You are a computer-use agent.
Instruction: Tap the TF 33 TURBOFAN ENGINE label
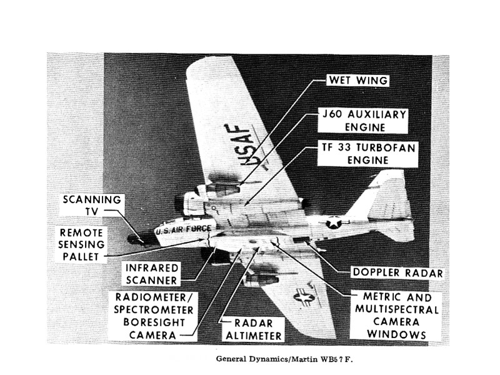367,153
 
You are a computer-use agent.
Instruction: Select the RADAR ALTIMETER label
250,329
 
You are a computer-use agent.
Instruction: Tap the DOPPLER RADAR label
397,272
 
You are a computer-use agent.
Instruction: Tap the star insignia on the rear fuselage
334,222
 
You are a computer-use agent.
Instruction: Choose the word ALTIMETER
250,335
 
